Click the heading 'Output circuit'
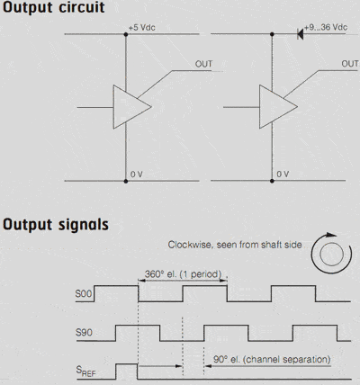[54, 7]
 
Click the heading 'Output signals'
[56, 224]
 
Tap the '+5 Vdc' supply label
[142, 28]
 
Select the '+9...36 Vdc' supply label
[326, 27]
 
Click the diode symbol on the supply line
[300, 34]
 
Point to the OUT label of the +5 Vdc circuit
[203, 64]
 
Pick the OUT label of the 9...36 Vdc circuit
[350, 64]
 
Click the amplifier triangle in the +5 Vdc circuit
[132, 107]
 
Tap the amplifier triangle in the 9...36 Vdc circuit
[278, 107]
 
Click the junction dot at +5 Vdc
[126, 34]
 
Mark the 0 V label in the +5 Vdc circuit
[137, 175]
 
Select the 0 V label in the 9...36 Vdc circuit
[283, 174]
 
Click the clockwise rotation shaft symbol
[331, 254]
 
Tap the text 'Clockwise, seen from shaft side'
[235, 245]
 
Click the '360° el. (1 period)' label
[183, 274]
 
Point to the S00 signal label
[84, 293]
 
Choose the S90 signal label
[84, 332]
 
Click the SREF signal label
[85, 372]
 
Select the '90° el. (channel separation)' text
[272, 359]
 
